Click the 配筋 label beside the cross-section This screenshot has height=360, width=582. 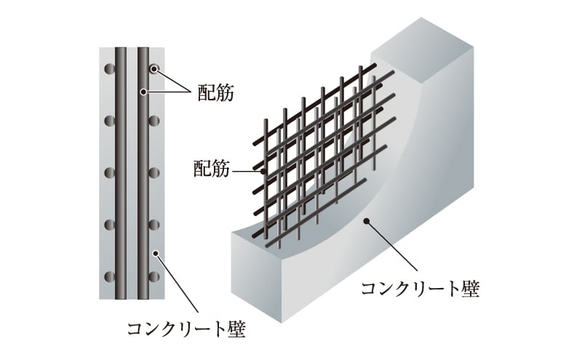pyautogui.click(x=215, y=92)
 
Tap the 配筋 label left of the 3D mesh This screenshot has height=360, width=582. pyautogui.click(x=212, y=169)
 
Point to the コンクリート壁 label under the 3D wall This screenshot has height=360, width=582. pyautogui.click(x=420, y=289)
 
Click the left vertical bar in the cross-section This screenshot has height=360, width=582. pyautogui.click(x=121, y=173)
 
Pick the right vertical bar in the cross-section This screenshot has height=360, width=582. pyautogui.click(x=143, y=173)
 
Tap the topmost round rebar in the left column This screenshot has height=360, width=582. pyautogui.click(x=110, y=68)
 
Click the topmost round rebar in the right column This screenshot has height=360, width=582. pyautogui.click(x=154, y=68)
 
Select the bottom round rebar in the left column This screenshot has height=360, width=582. pyautogui.click(x=110, y=276)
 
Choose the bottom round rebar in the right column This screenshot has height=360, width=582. pyautogui.click(x=154, y=276)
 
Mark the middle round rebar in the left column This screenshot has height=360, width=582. pyautogui.click(x=110, y=172)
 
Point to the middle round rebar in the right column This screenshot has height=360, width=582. pyautogui.click(x=154, y=172)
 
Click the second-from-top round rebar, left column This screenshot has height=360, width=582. pyautogui.click(x=110, y=121)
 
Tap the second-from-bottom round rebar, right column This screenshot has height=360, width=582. pyautogui.click(x=154, y=225)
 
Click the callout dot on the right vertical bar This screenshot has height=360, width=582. pyautogui.click(x=143, y=92)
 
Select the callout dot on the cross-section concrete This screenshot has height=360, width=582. pyautogui.click(x=156, y=253)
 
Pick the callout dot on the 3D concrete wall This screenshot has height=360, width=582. pyautogui.click(x=367, y=222)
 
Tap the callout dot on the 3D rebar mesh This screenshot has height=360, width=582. pyautogui.click(x=263, y=172)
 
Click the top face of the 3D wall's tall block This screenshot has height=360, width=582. pyautogui.click(x=423, y=48)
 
